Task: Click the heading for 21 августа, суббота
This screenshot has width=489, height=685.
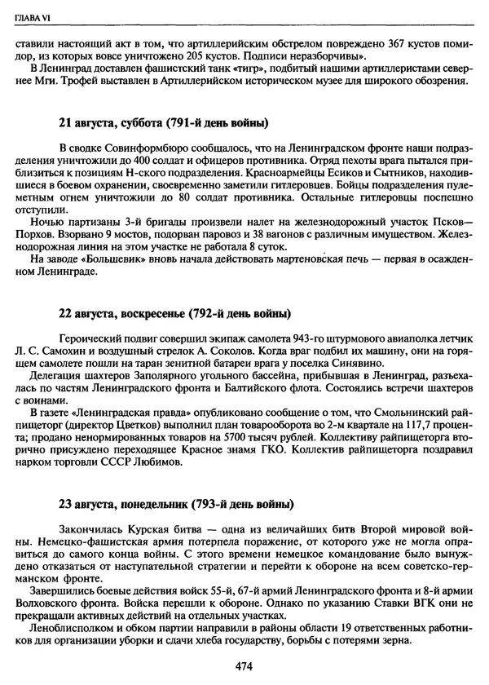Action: (x=163, y=123)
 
